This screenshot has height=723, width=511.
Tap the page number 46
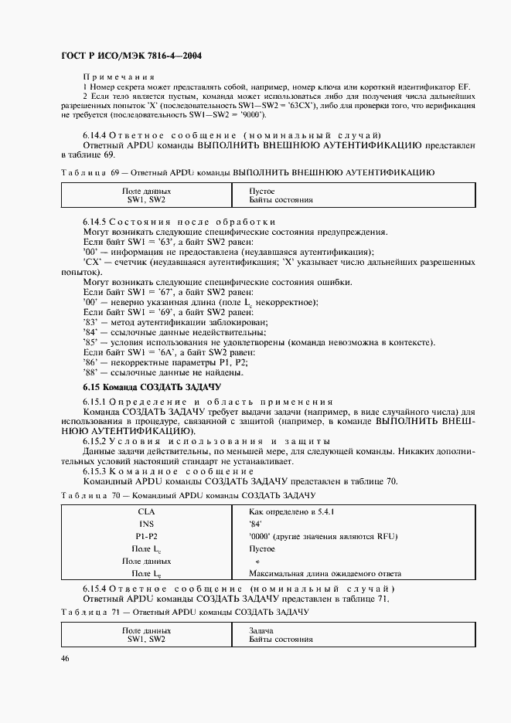64,658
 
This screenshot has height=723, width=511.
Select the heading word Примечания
118,77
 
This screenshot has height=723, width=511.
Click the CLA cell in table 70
146,511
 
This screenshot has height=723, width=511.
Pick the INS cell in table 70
146,524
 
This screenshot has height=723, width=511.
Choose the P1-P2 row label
146,536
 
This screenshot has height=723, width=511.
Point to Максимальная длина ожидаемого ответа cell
325,574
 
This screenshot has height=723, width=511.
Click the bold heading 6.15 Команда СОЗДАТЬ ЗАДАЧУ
152,385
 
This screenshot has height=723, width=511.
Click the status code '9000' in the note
252,115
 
